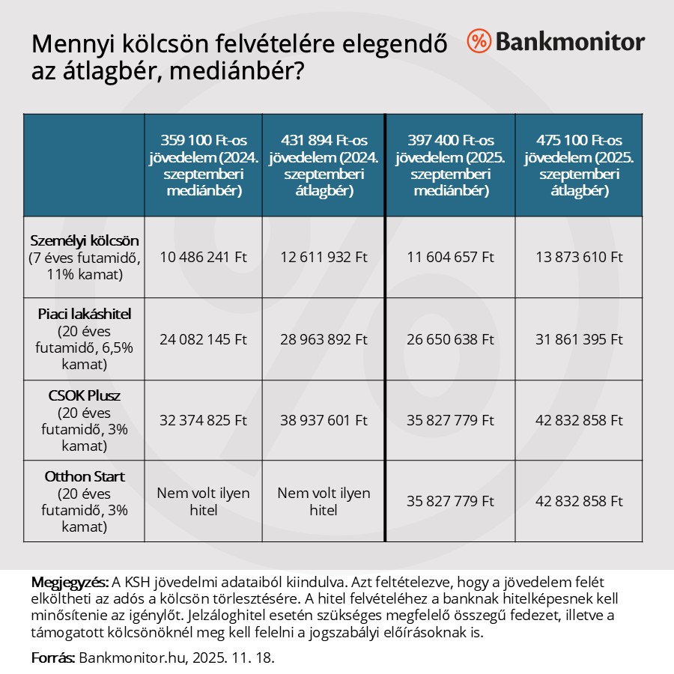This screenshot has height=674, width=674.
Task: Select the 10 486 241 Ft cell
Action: [203, 257]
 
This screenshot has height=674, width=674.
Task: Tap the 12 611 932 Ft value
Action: [324, 257]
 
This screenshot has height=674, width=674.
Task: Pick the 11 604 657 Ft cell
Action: [450, 257]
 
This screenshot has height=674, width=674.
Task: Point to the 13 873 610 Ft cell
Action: [578, 257]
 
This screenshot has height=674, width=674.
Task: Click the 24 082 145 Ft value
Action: [203, 338]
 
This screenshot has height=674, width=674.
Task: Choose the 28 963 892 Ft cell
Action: [324, 338]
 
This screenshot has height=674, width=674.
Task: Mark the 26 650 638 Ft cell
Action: [450, 338]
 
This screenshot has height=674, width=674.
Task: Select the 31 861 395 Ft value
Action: [578, 338]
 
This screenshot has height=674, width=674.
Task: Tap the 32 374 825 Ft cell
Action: [203, 420]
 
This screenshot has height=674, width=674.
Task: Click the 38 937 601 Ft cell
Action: [324, 420]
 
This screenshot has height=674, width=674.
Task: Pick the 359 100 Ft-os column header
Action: [203, 165]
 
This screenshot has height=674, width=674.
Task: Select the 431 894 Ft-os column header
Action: [324, 165]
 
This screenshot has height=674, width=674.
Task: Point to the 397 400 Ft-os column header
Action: [450, 165]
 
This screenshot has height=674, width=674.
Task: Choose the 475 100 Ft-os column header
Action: [578, 165]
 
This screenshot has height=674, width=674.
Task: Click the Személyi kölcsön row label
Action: [84, 240]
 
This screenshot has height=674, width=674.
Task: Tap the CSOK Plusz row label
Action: [84, 396]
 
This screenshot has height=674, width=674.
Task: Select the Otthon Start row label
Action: [84, 477]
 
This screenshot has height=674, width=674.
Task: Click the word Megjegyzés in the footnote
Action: [70, 583]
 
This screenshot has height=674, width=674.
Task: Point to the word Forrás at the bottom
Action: [53, 658]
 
